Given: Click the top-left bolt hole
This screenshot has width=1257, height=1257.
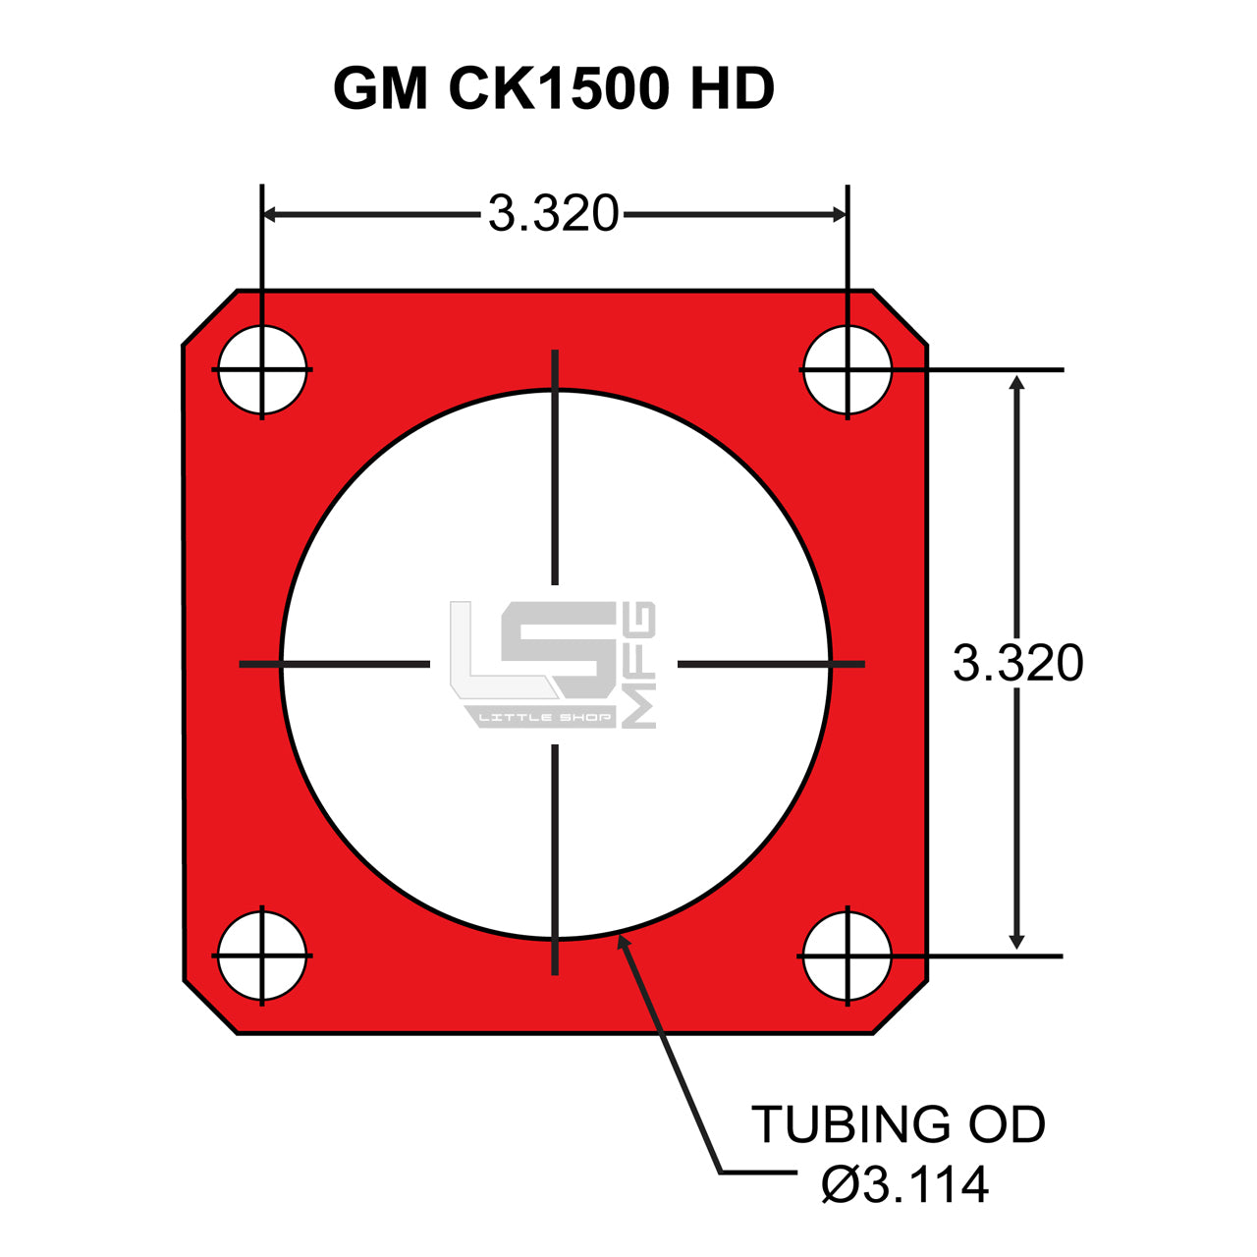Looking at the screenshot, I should coord(262,370).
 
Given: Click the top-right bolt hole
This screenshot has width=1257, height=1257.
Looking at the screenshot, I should coord(847,370).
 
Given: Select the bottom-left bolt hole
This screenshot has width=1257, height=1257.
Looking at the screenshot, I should coord(262,956).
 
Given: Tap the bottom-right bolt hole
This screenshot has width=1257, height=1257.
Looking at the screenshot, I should coord(847,956).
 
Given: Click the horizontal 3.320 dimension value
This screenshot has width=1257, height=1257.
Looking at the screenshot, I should coord(554,214).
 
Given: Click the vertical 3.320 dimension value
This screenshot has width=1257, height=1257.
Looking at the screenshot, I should coord(1018,664).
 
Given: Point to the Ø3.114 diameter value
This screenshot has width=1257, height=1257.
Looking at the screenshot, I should coord(905,1185).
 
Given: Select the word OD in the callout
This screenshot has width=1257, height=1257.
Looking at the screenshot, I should coord(1008,1125).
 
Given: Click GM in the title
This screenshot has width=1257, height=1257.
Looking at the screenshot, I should coord(381,89).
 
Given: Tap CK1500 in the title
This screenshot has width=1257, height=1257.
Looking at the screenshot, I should coord(559,89).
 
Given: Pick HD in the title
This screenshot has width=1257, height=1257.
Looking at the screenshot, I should coord(733,89).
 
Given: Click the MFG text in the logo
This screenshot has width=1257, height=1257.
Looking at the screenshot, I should coord(640,665).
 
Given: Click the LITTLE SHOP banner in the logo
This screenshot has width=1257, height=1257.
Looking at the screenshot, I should coord(544,718).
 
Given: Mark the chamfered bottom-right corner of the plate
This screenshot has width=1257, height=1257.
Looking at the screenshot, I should coord(901,1008).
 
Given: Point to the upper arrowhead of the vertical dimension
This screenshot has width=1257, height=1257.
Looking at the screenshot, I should coord(1017,383).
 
